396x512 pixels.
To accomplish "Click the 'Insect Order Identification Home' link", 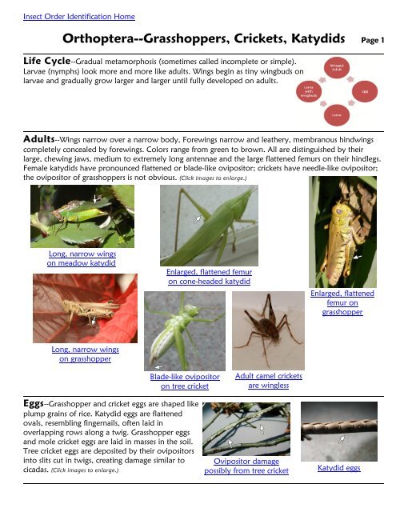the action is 68,17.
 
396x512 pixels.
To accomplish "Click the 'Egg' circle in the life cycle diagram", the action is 365,94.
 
